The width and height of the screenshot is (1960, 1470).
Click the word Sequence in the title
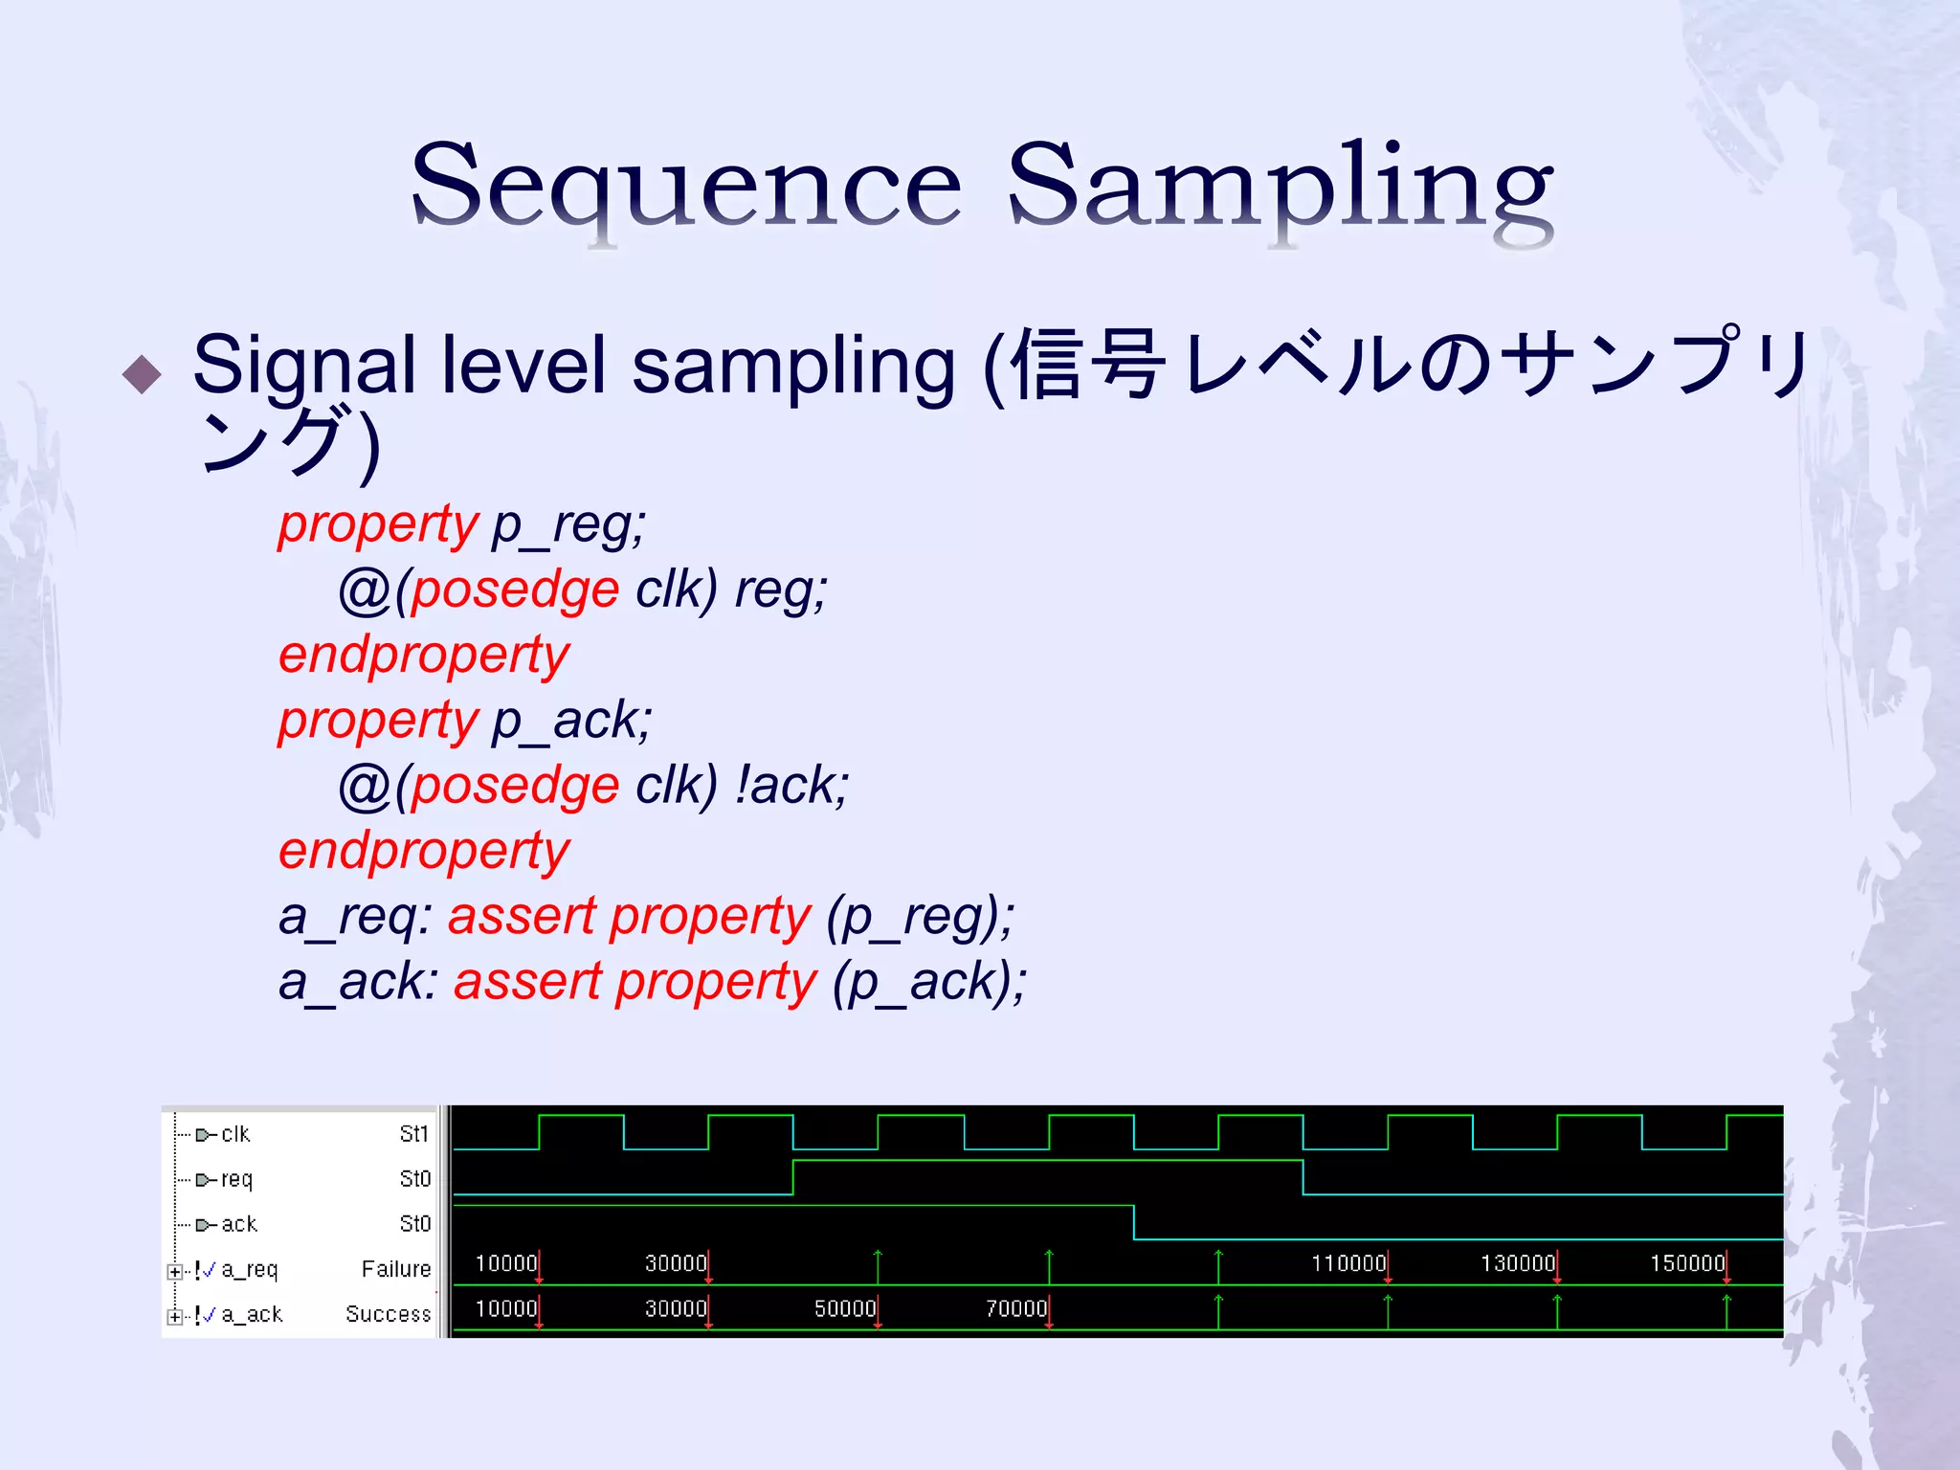click(686, 187)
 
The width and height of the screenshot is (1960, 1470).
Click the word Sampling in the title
click(1280, 187)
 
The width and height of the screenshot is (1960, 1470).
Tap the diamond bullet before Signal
click(143, 374)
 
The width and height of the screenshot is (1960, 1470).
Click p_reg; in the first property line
click(568, 524)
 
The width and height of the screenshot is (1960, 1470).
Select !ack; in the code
click(791, 786)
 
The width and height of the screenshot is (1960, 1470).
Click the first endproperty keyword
click(424, 656)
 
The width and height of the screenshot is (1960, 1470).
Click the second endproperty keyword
click(424, 851)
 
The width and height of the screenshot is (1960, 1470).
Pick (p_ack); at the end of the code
click(929, 982)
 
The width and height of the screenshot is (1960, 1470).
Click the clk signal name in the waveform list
click(235, 1134)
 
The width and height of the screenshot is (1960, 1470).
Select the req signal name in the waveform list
click(236, 1179)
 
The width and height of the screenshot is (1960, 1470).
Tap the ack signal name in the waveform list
click(239, 1224)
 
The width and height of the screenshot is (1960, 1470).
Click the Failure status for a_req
click(396, 1269)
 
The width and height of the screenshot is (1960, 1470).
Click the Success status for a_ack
click(389, 1314)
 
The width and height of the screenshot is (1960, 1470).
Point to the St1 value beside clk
click(414, 1134)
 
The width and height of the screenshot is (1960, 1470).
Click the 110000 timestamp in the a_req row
click(1347, 1263)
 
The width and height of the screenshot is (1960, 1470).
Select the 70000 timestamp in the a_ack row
click(1015, 1308)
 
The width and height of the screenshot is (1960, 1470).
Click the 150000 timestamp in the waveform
click(1686, 1263)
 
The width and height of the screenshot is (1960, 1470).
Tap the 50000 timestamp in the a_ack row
click(844, 1308)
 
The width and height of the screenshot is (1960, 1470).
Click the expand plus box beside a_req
click(174, 1272)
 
